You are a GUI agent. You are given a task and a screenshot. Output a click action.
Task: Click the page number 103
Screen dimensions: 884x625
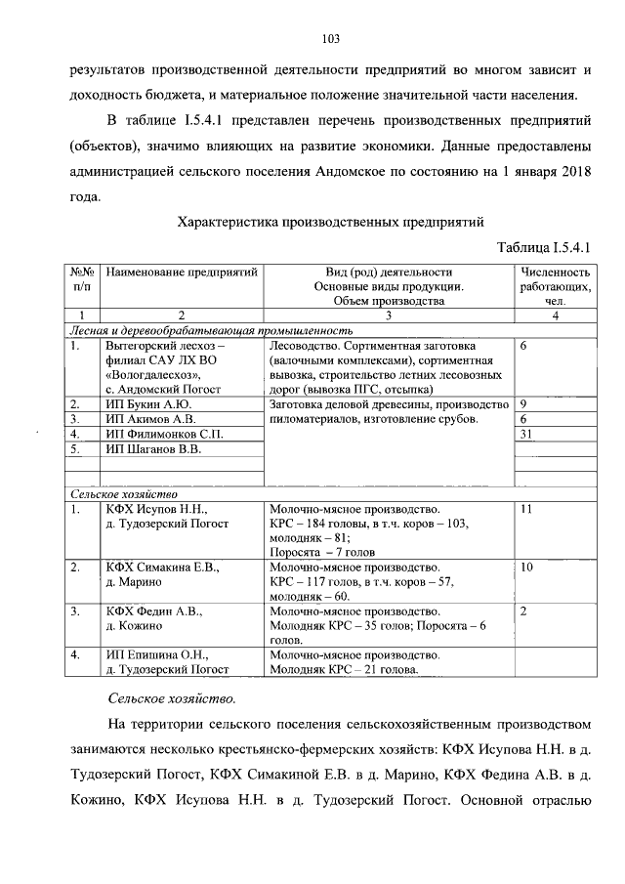pos(330,38)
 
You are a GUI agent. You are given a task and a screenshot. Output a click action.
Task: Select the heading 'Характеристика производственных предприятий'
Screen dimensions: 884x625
pos(330,222)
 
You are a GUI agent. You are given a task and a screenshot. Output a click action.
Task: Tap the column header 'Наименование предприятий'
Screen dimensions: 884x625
pos(181,272)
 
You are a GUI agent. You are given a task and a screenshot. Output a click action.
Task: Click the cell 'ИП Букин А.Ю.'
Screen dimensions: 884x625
pos(148,403)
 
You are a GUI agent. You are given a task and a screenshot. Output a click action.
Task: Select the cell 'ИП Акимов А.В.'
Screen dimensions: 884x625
pos(150,418)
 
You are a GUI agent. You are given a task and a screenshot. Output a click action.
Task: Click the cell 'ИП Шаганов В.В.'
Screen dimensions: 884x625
pos(154,448)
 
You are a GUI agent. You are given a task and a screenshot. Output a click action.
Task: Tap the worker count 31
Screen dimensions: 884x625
pos(527,434)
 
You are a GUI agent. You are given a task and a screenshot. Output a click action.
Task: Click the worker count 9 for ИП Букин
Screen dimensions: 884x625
pos(524,403)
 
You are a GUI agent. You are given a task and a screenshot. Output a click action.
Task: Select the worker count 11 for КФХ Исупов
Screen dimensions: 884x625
pos(527,509)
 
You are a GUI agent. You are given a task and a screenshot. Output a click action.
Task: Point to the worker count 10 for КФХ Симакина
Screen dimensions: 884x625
pos(527,567)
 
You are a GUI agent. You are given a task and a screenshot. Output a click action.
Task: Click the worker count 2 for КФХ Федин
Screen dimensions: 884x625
pos(524,610)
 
